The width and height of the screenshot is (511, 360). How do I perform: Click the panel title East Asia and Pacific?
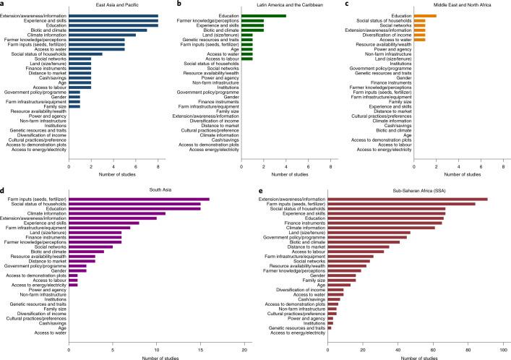click(113, 6)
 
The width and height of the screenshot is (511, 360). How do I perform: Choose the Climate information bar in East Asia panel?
click(102, 35)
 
